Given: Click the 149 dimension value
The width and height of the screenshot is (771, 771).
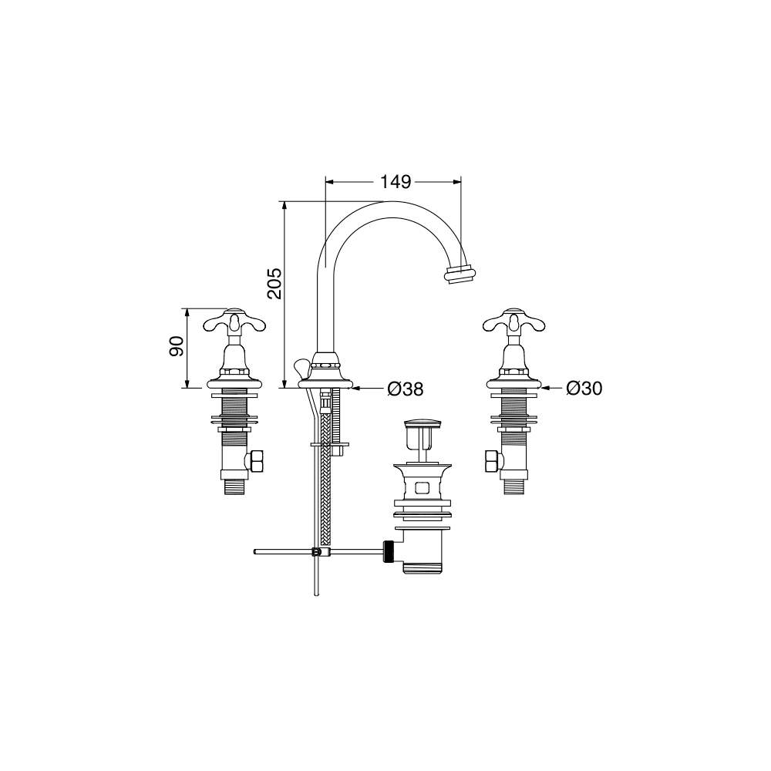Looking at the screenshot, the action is (396, 182).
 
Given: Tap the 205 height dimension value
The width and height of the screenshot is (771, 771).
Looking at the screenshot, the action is (274, 283).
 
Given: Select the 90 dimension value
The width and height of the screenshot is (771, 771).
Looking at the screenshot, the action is (177, 347).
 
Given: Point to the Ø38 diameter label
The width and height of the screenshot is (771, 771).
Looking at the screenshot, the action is (406, 389).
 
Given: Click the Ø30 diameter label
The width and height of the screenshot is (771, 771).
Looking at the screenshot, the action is (584, 389).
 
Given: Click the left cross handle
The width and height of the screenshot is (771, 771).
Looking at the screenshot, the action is (234, 322).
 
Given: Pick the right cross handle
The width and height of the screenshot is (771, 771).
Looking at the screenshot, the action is (513, 322).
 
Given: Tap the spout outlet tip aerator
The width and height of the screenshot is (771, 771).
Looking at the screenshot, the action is (460, 274).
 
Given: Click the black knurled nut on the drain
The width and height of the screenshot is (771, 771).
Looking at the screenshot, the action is (389, 551).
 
